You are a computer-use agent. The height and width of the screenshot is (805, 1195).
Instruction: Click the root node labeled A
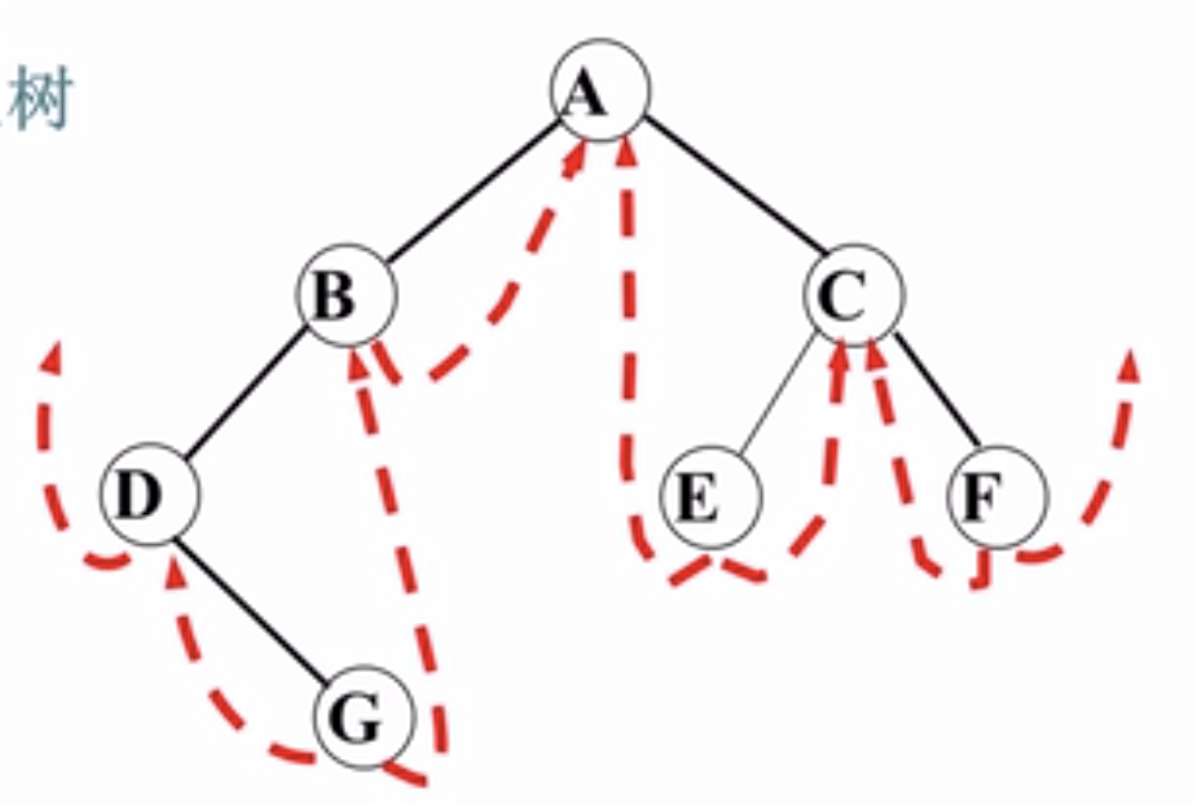pyautogui.click(x=600, y=91)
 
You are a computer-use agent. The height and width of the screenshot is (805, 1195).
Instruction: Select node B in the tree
pyautogui.click(x=345, y=294)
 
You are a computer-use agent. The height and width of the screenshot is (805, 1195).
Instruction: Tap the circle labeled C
pyautogui.click(x=855, y=294)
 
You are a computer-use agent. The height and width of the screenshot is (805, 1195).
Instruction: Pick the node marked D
pyautogui.click(x=151, y=496)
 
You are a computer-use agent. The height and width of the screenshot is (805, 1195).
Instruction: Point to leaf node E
pyautogui.click(x=711, y=497)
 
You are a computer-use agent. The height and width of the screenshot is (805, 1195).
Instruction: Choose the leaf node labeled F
pyautogui.click(x=997, y=497)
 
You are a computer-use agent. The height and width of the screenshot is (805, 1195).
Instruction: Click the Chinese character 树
pyautogui.click(x=40, y=99)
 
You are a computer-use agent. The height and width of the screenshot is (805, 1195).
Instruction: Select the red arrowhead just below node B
pyautogui.click(x=356, y=361)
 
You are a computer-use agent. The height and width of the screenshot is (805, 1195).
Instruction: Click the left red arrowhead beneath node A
pyautogui.click(x=577, y=157)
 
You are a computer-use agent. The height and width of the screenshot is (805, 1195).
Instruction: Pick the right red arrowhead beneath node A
pyautogui.click(x=624, y=150)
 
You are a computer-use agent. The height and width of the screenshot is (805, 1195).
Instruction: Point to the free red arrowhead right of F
pyautogui.click(x=1129, y=363)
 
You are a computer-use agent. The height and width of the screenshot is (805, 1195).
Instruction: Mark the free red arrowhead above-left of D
pyautogui.click(x=53, y=357)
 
